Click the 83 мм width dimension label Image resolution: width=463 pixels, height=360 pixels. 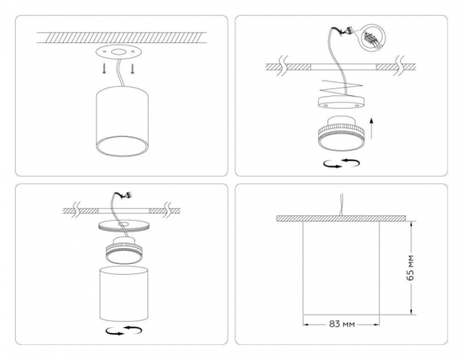click(x=341, y=322)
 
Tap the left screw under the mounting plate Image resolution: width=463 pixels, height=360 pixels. click(x=101, y=69)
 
